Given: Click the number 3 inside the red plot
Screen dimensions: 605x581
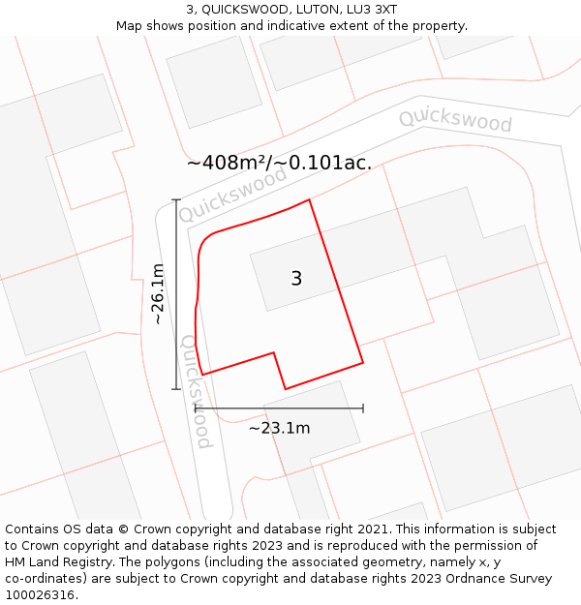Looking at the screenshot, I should pos(296,279).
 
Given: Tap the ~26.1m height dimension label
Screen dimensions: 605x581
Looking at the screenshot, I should pos(158,293).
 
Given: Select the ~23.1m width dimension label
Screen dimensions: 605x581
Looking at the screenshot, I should pos(279,428).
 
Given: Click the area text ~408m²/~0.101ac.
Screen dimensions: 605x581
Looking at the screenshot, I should pos(279,163).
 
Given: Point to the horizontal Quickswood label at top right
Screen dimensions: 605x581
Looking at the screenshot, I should pos(455,120).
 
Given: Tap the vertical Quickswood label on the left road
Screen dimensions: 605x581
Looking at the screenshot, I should pos(196,392).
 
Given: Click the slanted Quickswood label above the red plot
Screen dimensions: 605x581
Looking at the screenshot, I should pos(233,194).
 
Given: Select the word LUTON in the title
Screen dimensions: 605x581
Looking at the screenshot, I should pos(309,10).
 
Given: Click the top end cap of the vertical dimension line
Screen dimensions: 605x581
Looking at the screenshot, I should pos(176,199).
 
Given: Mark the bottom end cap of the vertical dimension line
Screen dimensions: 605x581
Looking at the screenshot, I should pos(176,389).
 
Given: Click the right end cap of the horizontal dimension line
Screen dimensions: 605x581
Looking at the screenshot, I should pos(363,408).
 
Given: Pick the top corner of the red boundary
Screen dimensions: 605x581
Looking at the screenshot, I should pos(309,200).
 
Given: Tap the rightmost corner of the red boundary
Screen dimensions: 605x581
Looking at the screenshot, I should pos(363,363).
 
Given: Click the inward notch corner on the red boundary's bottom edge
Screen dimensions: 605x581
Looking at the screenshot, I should pos(274,352).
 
